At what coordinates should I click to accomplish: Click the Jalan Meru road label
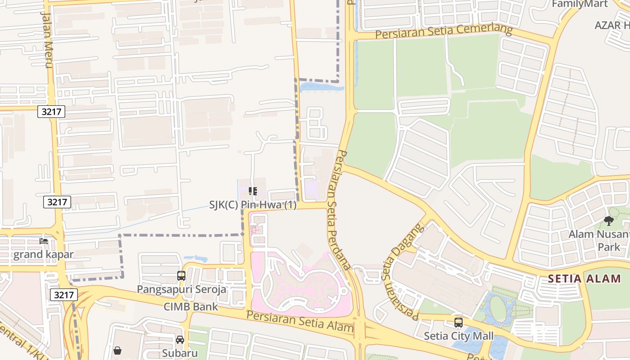click(47, 39)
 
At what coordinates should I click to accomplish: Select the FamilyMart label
click(580, 4)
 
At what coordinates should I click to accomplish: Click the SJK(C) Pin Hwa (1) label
click(253, 205)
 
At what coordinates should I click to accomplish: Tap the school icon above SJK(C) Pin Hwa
click(253, 191)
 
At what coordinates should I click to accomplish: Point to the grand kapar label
click(43, 254)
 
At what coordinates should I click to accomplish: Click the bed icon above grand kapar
click(44, 241)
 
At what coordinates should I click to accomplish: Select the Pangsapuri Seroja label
click(181, 289)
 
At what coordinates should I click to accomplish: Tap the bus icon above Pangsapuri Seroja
click(181, 276)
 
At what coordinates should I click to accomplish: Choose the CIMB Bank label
click(191, 307)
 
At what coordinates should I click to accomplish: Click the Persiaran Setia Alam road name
click(300, 321)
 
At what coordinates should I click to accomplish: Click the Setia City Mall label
click(459, 336)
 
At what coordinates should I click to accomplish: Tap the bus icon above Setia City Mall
click(459, 323)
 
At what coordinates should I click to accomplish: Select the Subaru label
click(180, 353)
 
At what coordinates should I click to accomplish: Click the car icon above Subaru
click(180, 340)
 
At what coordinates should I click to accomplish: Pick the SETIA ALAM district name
click(585, 279)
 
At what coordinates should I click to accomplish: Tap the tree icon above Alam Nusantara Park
click(608, 221)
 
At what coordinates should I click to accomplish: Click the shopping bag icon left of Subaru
click(117, 350)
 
